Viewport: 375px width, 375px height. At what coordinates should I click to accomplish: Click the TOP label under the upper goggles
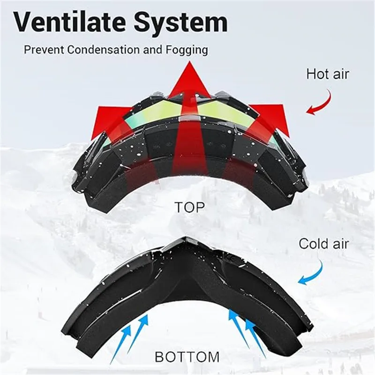coord(189,207)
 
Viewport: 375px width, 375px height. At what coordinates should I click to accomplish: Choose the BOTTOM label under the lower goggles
coord(187,357)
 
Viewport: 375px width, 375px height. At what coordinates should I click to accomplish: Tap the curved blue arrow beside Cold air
coord(311,274)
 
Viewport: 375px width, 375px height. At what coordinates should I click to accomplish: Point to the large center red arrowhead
coord(189,82)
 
